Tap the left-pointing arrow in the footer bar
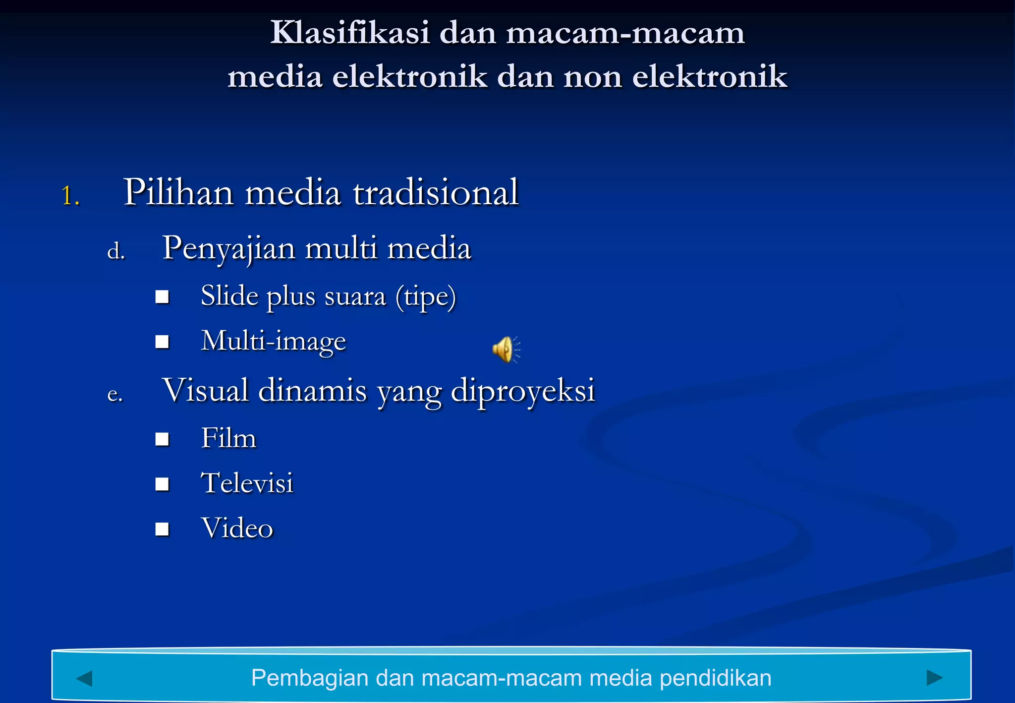84,678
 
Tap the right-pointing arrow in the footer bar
934,677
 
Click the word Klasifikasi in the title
349,33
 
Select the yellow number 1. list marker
70,195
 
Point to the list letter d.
116,251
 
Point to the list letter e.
115,394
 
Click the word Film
228,438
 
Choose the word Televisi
247,483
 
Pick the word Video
237,528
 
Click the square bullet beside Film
162,439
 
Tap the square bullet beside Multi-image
162,342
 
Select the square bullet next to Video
162,529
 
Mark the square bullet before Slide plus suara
162,297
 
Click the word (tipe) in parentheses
426,296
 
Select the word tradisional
436,192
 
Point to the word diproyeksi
523,391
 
